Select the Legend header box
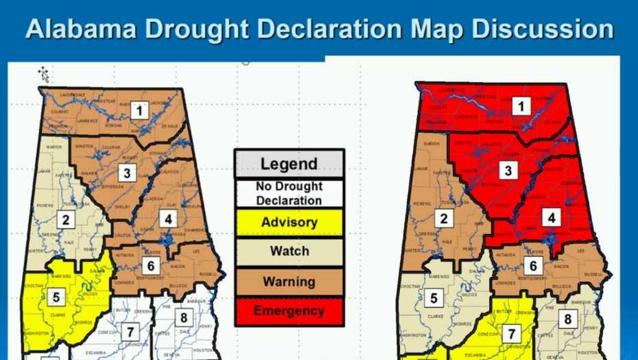289,164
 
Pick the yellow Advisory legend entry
289,222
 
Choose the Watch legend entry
289,251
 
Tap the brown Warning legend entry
289,281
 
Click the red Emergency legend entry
289,311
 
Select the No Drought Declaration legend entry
289,193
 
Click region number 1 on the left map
140,110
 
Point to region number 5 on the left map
56,297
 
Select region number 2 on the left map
66,219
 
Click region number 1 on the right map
523,106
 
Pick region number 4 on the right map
553,217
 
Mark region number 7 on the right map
512,334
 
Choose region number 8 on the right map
567,319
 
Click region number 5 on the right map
433,298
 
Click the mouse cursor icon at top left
44,74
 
